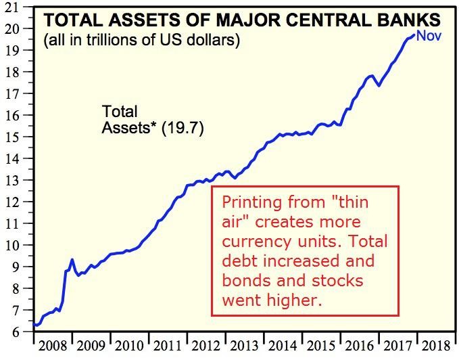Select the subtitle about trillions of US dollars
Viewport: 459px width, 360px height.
point(141,40)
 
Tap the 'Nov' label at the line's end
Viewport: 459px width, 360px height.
point(429,35)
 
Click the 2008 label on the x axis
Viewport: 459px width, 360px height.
point(52,347)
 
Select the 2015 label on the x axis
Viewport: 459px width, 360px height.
point(322,347)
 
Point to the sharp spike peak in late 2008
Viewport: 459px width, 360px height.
point(72,259)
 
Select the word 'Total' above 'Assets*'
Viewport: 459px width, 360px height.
point(120,111)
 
